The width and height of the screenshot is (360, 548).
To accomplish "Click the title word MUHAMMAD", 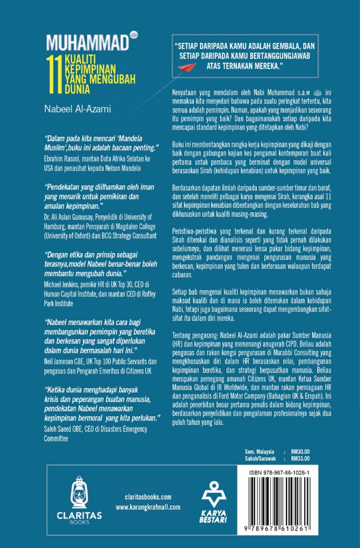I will [x=86, y=43].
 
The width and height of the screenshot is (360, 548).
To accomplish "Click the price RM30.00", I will [x=300, y=451].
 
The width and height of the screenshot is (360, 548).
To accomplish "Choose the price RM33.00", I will [x=300, y=458].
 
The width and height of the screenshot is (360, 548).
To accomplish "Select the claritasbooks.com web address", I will [x=148, y=497].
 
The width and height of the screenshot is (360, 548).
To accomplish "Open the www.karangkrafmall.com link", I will [x=148, y=507].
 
